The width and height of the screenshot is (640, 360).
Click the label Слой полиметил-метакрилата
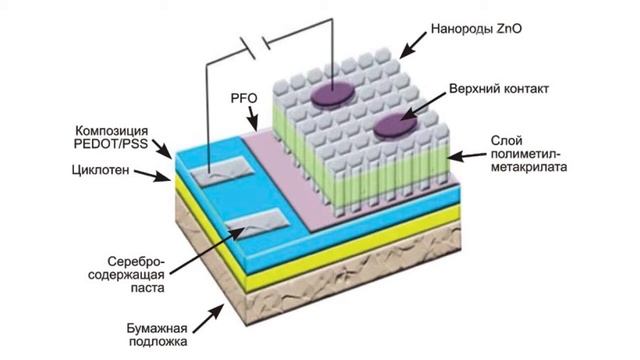530,154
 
